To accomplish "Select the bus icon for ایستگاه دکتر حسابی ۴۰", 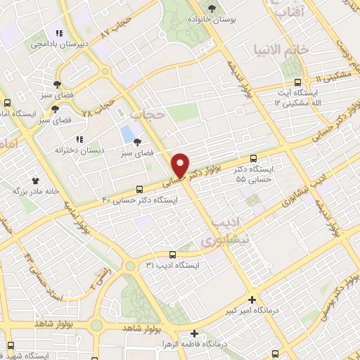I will click(139, 188).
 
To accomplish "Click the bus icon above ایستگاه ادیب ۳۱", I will click(173, 255).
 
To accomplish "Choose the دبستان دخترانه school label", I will click(81, 149).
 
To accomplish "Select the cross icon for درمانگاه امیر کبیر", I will click(252, 298).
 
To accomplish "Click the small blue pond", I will click(127, 133).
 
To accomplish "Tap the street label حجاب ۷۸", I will click(98, 106).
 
